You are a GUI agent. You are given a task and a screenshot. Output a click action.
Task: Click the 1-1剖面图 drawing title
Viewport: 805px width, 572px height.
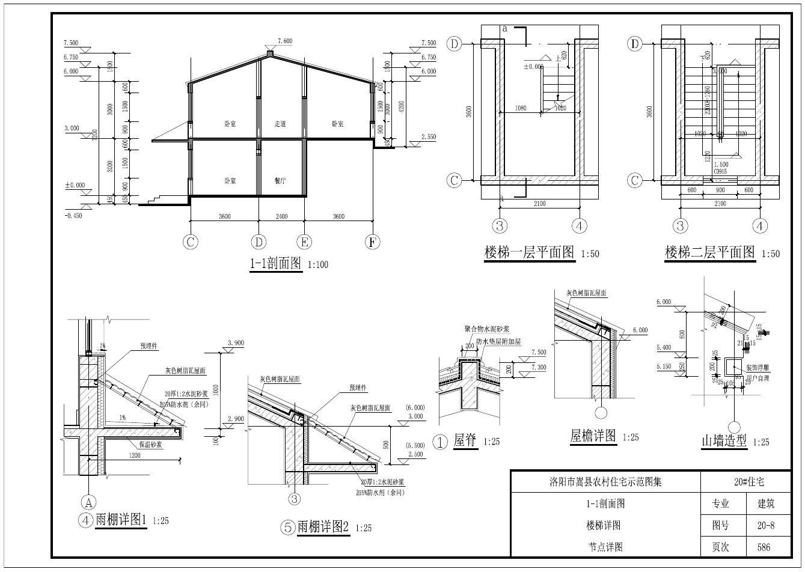point(276,264)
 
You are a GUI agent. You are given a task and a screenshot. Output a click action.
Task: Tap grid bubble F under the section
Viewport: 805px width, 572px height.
point(373,242)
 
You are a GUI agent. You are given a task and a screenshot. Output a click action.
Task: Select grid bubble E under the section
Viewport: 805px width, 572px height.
point(304,242)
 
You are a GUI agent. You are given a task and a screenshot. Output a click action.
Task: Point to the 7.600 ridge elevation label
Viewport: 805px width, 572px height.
point(284,41)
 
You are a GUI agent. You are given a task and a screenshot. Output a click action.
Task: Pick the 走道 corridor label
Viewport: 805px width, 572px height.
point(280,124)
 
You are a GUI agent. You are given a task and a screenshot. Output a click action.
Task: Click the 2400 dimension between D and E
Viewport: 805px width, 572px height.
point(281,216)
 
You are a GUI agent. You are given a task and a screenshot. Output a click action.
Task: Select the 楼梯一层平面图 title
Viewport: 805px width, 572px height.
point(530,252)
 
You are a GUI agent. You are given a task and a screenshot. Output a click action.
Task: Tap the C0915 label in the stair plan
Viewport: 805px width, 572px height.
point(720,171)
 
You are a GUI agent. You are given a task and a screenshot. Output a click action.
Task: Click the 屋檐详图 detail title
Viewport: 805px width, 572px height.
point(593,436)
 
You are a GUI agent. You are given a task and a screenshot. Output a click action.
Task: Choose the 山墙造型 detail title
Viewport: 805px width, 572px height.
point(724,441)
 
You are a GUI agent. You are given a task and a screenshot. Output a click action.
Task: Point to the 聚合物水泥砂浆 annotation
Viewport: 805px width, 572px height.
point(487,329)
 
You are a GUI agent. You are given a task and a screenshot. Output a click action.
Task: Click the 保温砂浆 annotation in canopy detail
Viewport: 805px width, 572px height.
point(150,445)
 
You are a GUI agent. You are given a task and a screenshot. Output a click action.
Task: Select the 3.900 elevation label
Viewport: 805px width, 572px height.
point(235,343)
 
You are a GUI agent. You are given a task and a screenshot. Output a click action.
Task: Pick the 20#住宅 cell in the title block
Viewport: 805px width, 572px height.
point(745,482)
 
